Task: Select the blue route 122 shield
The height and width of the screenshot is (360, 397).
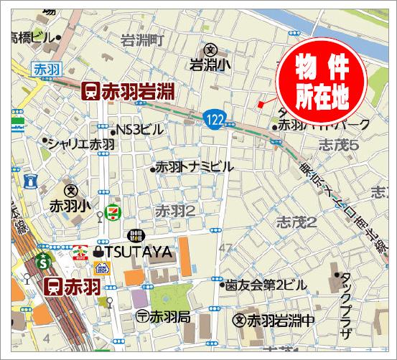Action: (x=212, y=118)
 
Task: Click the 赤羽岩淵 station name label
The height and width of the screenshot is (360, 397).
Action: (x=141, y=91)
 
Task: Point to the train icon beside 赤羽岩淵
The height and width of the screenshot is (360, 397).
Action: (x=91, y=91)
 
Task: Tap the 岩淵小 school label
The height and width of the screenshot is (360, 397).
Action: (x=210, y=64)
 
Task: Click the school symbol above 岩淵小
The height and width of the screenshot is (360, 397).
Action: (x=210, y=49)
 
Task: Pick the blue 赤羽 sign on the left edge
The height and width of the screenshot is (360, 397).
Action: (x=45, y=70)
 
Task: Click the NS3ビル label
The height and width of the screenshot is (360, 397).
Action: (x=139, y=130)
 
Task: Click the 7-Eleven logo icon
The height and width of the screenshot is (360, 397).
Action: (x=111, y=212)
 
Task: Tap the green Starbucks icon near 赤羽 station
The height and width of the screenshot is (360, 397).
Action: (x=44, y=256)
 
